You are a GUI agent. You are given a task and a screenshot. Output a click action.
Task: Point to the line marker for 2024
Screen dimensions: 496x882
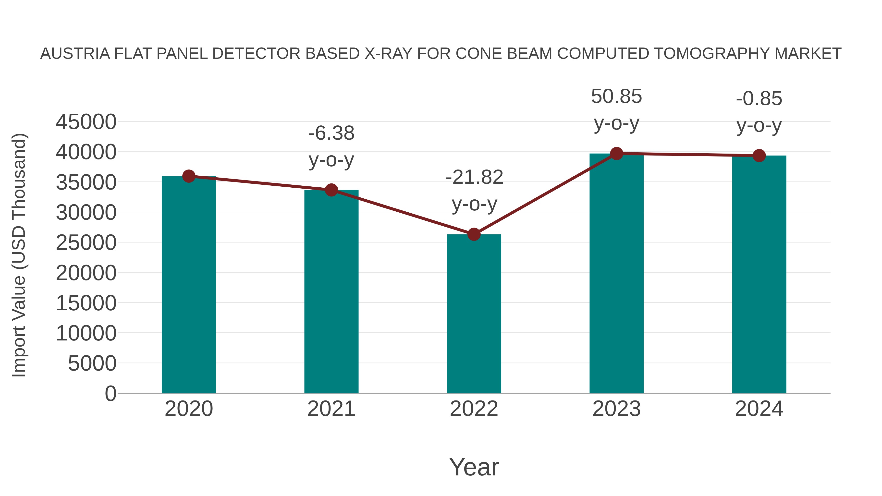pos(759,156)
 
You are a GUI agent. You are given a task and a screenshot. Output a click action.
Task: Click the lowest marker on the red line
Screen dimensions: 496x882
pos(474,234)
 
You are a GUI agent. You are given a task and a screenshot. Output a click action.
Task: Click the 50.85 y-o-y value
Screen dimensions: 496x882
pos(616,97)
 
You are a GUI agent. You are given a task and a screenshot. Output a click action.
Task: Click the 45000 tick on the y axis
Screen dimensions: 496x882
pos(86,122)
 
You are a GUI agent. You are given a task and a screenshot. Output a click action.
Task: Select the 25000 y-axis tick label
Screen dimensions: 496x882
pos(86,243)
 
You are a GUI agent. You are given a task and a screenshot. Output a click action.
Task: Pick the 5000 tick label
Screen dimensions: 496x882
pos(92,363)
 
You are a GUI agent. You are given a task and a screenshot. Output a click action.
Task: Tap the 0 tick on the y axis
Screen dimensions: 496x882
pos(110,393)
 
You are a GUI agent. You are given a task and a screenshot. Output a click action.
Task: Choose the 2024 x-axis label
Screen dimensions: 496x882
pos(759,409)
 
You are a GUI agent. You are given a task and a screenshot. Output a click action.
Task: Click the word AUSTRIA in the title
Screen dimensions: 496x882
pos(75,54)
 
